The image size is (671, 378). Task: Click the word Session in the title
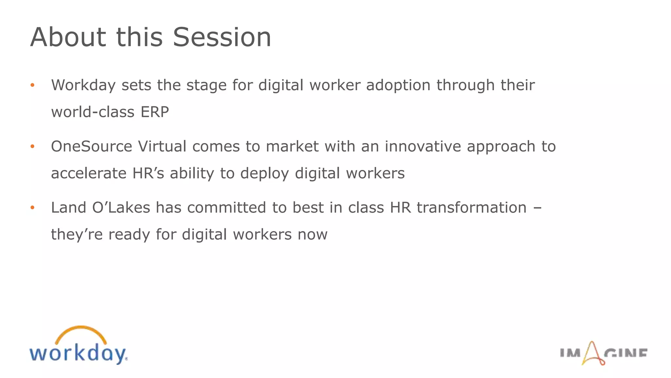(x=222, y=37)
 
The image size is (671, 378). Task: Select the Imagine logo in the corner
(x=604, y=354)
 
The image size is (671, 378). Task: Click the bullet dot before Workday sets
(x=32, y=85)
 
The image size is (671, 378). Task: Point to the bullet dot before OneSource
(x=32, y=146)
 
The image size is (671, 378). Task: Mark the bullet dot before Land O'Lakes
(x=32, y=208)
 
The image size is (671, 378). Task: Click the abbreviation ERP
(x=155, y=112)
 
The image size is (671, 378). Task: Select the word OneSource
(x=91, y=146)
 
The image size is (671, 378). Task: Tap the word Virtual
(x=162, y=146)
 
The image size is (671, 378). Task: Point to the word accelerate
(x=88, y=173)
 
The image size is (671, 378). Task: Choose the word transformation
(x=471, y=208)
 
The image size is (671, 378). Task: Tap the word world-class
(x=93, y=112)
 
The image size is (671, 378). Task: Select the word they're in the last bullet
(x=77, y=235)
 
